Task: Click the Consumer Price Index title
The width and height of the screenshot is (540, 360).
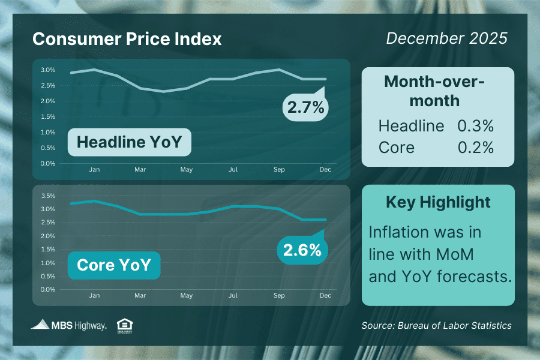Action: tap(127, 39)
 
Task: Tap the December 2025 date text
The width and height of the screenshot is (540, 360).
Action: tap(446, 38)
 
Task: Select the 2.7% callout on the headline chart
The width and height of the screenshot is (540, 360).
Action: tap(305, 107)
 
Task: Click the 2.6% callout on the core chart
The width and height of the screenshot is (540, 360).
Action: tap(302, 250)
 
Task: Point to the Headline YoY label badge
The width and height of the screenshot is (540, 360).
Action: tap(130, 142)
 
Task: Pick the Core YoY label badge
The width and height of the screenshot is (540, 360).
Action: tap(114, 265)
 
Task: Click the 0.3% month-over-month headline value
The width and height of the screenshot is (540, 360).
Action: tap(475, 126)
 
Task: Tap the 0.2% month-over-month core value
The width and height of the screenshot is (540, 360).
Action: tap(475, 148)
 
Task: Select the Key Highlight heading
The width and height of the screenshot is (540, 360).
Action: tap(438, 202)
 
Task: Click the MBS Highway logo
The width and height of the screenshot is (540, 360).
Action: tap(68, 325)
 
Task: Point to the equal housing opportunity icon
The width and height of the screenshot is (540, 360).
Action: tap(125, 326)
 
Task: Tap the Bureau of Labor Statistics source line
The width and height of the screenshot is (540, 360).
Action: tap(436, 326)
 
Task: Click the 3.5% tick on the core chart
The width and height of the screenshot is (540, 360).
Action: tap(48, 196)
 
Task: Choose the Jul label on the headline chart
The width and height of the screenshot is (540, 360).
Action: tap(233, 169)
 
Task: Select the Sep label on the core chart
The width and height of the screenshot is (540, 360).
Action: tap(279, 295)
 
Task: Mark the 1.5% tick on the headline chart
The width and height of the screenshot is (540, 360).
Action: tap(48, 116)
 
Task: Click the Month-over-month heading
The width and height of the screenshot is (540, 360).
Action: tap(434, 91)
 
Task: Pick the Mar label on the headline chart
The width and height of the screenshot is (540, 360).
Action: tap(140, 169)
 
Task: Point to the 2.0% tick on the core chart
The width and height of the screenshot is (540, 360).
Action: tap(48, 236)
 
